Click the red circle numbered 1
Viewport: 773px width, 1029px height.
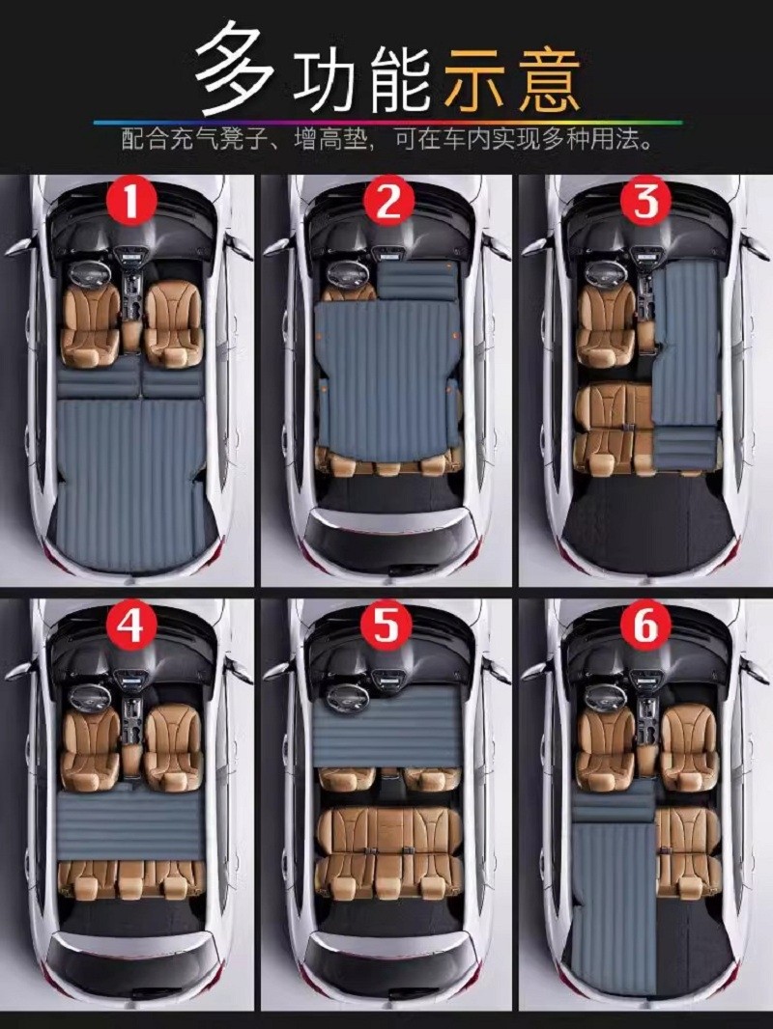(x=129, y=200)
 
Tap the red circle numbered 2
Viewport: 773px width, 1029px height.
(x=387, y=201)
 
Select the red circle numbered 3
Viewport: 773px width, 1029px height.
(x=644, y=201)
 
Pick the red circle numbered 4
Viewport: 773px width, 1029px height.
(x=129, y=625)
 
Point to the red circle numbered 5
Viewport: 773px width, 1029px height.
(x=386, y=625)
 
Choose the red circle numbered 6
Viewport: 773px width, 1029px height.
(x=644, y=625)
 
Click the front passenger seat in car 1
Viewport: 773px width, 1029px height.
(x=173, y=325)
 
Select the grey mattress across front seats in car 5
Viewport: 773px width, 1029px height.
(x=386, y=726)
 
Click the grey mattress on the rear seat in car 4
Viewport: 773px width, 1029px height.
(x=130, y=825)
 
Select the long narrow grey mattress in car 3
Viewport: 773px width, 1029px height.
(x=684, y=368)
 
